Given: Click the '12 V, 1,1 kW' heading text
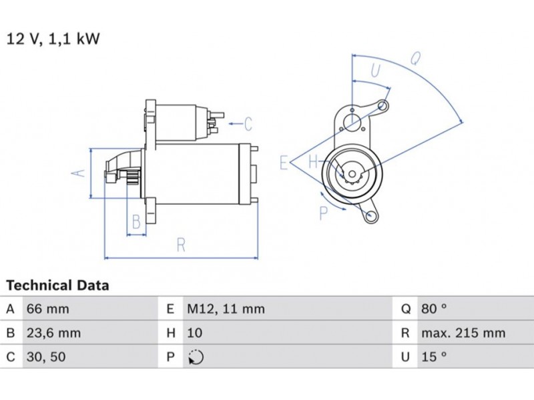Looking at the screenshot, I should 53,39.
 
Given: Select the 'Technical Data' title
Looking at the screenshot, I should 57,286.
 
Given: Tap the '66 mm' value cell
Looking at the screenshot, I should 47,309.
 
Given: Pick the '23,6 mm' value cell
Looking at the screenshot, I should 53,333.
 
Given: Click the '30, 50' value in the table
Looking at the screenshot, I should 46,357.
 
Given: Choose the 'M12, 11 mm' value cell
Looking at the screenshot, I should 225,309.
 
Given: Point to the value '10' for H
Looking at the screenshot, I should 193,333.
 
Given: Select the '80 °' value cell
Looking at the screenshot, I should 433,309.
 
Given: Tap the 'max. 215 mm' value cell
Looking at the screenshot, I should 463,333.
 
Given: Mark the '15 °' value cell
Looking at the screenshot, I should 433,357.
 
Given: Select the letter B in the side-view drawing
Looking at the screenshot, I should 136,221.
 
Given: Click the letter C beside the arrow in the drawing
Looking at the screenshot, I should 248,124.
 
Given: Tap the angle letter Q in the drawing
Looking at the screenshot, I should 415,59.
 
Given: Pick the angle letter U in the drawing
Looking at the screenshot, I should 375,70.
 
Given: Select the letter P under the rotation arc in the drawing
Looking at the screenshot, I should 324,213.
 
